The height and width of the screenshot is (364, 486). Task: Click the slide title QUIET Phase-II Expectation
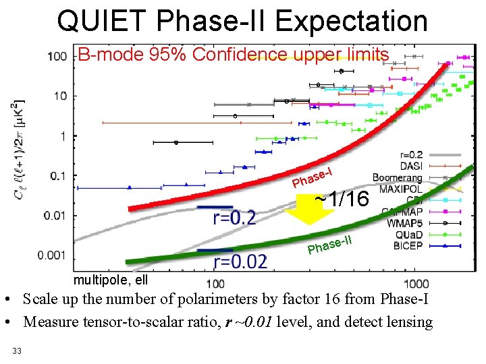(242, 21)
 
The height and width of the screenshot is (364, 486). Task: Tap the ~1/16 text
(342, 200)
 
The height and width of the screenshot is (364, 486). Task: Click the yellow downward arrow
(301, 210)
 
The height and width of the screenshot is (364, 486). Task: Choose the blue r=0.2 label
(234, 217)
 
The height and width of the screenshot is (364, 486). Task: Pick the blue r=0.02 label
(240, 261)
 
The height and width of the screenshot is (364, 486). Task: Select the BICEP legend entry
(407, 245)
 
